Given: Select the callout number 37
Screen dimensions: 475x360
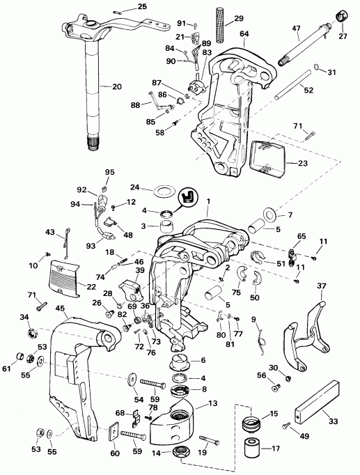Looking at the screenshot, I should (x=321, y=286).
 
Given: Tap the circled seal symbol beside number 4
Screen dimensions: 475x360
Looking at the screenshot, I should (x=187, y=197).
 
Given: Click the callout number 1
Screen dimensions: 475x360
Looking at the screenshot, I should (x=208, y=201).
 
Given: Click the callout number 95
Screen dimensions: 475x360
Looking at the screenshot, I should (x=109, y=172).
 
